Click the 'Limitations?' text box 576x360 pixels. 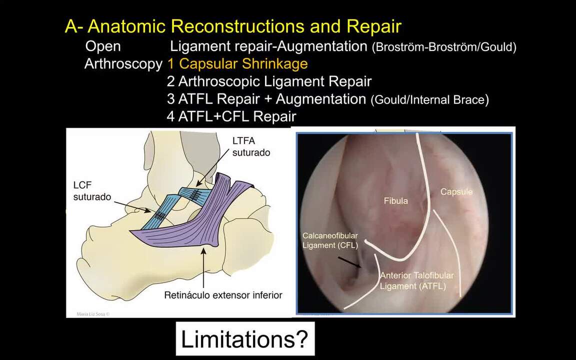coord(245,339)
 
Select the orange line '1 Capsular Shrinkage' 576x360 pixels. coord(237,64)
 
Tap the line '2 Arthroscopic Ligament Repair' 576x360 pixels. coord(269,81)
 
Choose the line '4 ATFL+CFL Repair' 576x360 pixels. coord(231,116)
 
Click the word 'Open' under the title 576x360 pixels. coord(103,46)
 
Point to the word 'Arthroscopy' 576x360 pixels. coord(123,64)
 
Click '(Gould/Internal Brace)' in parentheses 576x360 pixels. coord(430,100)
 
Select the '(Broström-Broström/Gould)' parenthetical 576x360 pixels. coord(444,47)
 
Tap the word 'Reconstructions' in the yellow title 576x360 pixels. coord(237,26)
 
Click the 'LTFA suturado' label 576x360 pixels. coord(251,146)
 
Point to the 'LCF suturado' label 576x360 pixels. coord(92,191)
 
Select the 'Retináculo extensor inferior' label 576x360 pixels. coord(223,295)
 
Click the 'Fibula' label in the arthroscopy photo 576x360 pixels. coord(395,201)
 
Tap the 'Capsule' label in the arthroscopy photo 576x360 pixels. coord(456,192)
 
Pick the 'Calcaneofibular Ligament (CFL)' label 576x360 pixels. coord(330,240)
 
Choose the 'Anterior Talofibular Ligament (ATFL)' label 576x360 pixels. coord(417,280)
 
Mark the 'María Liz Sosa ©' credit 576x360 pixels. coord(93,314)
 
